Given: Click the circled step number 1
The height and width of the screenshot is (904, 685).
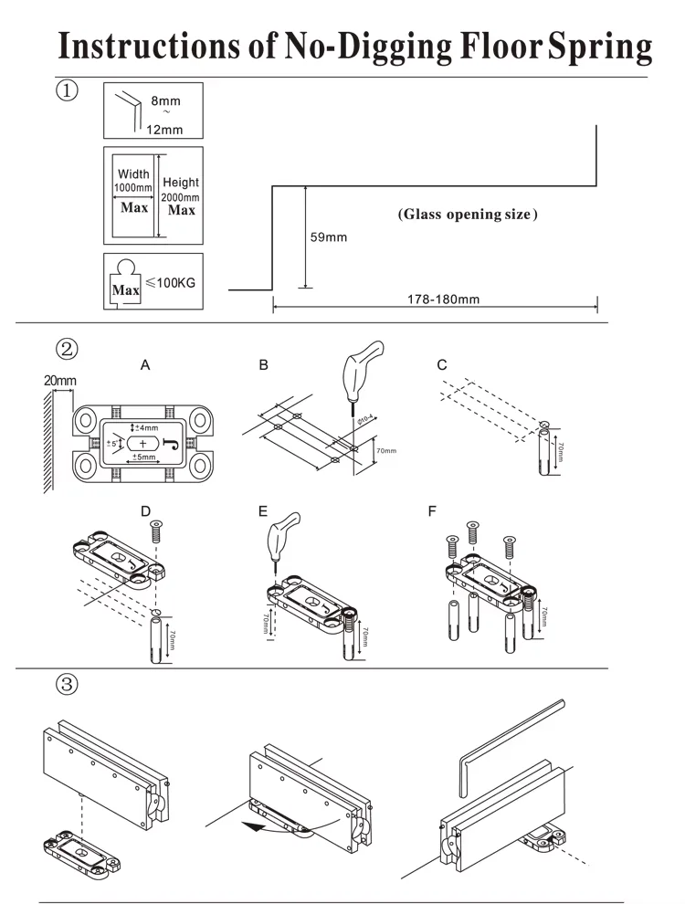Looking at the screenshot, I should tap(68, 91).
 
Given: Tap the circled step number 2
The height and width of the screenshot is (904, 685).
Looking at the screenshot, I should tap(68, 348).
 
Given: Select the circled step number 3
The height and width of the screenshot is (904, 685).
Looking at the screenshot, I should tap(68, 683).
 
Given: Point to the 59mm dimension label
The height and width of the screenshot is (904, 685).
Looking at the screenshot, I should tap(329, 237).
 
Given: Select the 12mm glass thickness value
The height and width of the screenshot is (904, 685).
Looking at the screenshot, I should tap(165, 128).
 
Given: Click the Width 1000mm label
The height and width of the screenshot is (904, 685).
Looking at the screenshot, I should tap(134, 181).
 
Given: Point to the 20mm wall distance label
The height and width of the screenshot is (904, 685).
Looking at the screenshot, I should tap(60, 379).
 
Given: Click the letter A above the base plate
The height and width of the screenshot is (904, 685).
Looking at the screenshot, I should tap(145, 365).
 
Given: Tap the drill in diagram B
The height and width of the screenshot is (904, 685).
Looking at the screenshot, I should tap(359, 370).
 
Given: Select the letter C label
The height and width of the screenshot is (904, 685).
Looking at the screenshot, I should tap(442, 365).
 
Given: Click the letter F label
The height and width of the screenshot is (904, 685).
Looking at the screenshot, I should tap(432, 512).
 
